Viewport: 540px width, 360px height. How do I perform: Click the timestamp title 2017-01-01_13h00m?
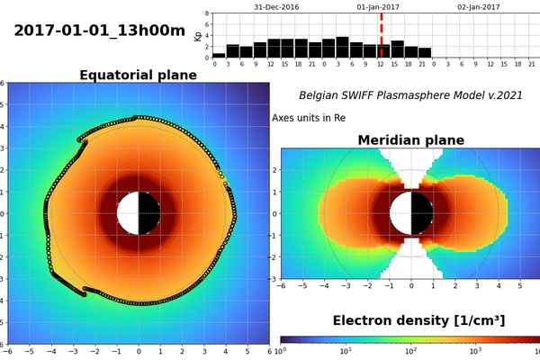[99, 31]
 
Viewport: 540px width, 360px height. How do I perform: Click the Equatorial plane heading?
[138, 75]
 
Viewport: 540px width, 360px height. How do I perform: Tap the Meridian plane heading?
[410, 139]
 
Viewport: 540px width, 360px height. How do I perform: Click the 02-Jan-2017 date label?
[477, 6]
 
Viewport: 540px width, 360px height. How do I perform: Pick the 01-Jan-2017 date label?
[377, 6]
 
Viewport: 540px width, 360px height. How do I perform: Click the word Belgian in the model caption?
[321, 94]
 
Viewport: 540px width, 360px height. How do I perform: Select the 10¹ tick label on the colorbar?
[346, 352]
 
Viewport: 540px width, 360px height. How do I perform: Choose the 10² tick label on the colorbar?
[410, 352]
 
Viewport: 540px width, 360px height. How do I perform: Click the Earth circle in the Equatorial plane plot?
[138, 213]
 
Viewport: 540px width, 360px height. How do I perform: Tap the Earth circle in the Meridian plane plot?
[411, 214]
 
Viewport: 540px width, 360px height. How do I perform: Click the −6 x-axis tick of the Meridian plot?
[282, 285]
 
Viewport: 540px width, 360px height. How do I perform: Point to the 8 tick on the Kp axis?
[207, 14]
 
